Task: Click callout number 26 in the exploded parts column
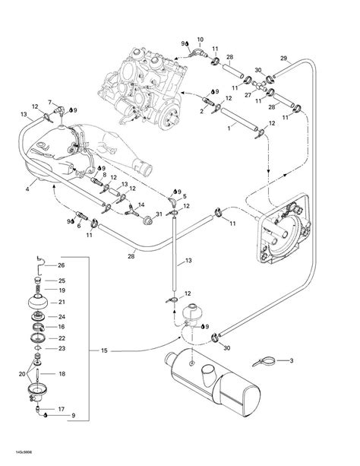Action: point(62,265)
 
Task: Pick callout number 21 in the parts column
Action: point(62,302)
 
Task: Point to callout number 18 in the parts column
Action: point(62,374)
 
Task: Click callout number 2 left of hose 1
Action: point(202,111)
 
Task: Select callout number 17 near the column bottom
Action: point(62,409)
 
